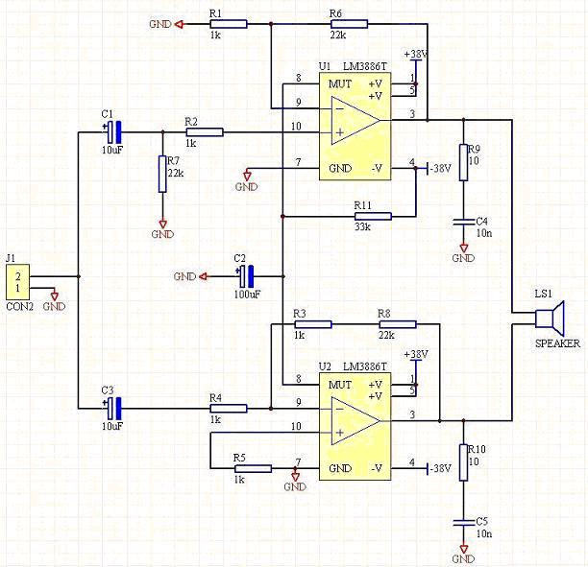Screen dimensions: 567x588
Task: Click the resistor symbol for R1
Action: tap(228, 24)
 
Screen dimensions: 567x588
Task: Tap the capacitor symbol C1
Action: tap(113, 130)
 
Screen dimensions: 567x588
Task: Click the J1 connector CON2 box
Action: tap(17, 280)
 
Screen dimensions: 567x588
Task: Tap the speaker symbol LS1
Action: tap(552, 318)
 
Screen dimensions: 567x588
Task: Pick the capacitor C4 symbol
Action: tap(463, 222)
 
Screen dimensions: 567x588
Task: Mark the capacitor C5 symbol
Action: tap(463, 522)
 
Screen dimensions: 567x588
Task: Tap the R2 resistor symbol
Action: tap(204, 131)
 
